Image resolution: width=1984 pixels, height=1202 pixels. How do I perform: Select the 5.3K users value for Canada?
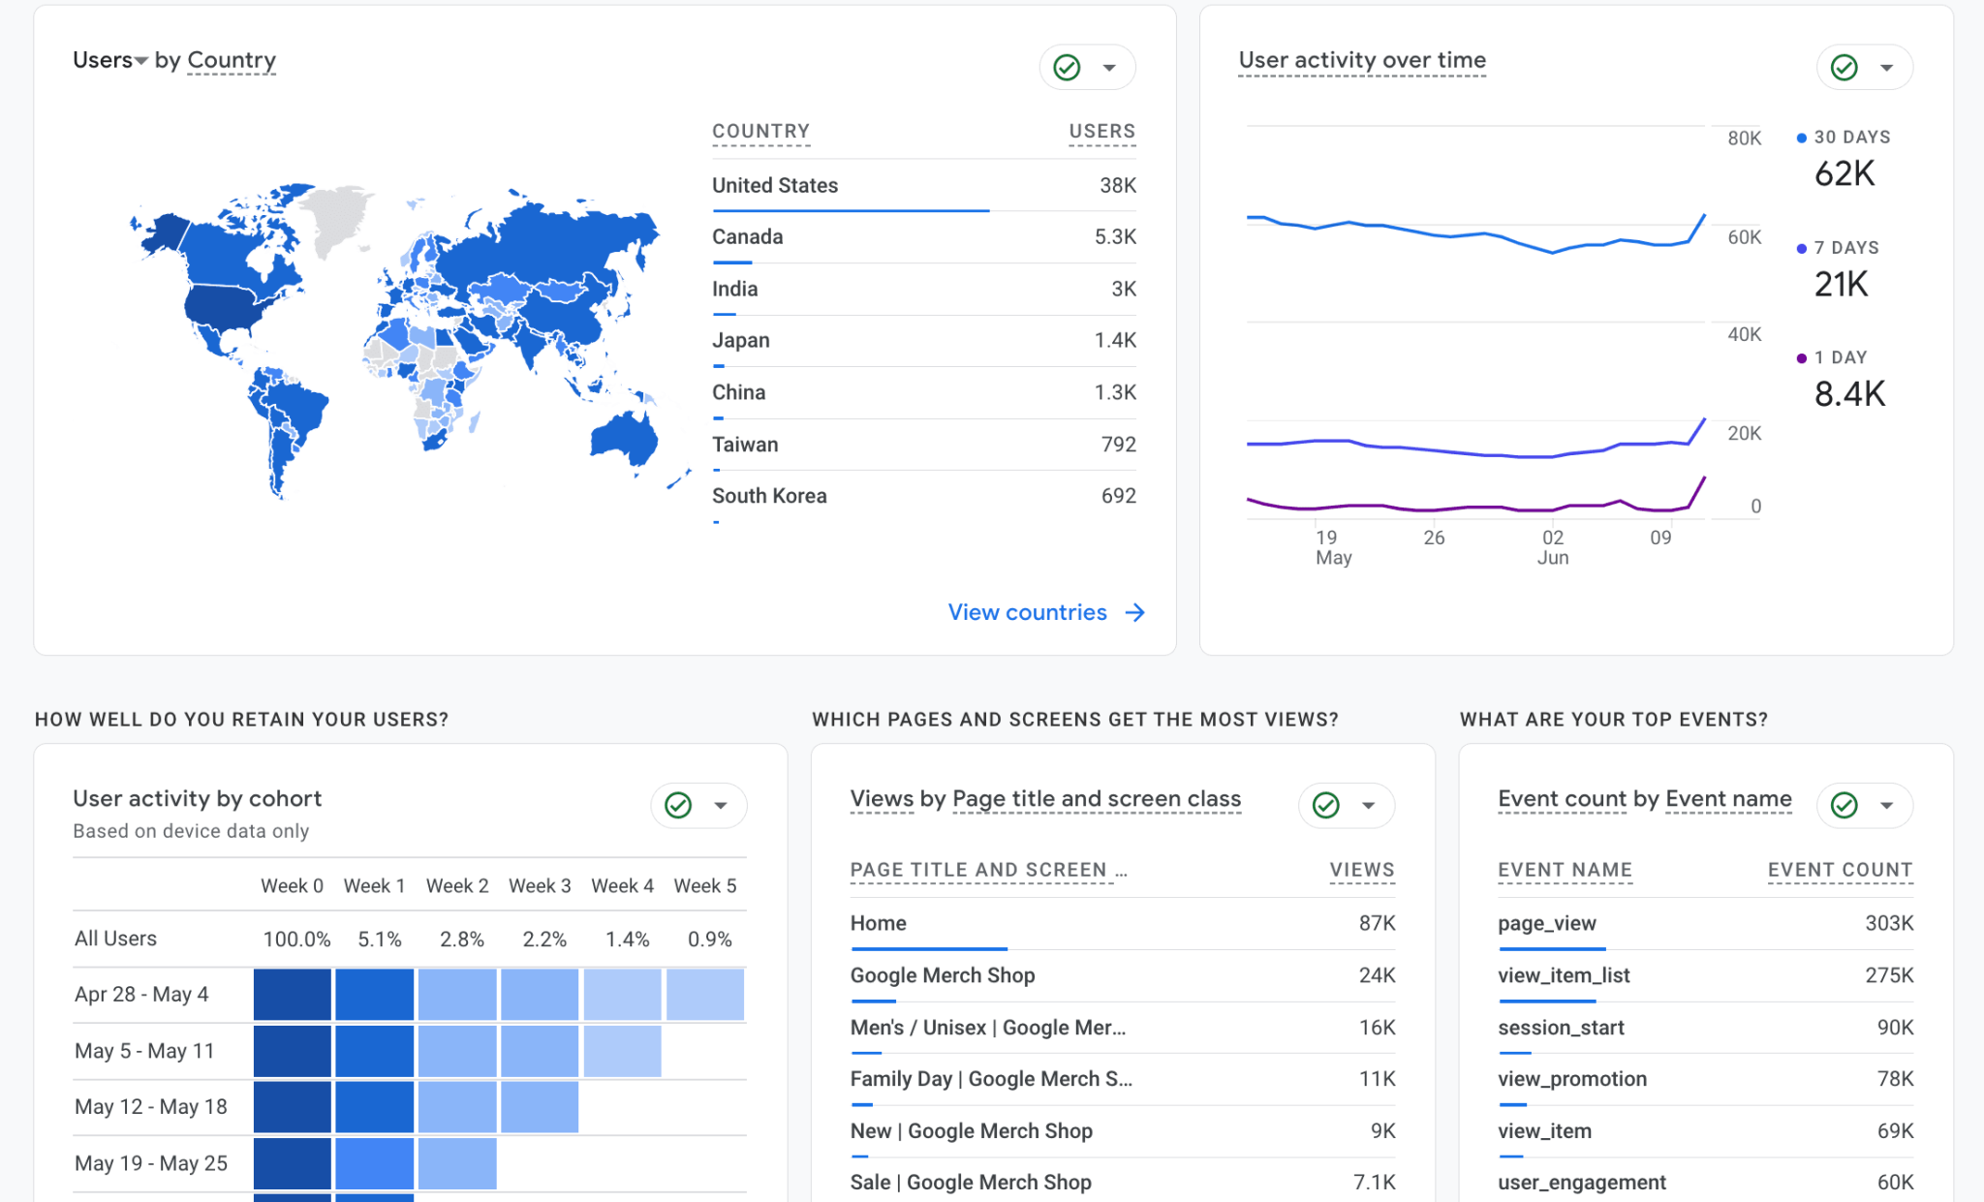click(x=1115, y=237)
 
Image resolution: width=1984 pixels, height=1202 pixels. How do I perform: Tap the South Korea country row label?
click(x=769, y=496)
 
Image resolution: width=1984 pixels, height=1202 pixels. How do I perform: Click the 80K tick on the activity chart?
click(x=1744, y=139)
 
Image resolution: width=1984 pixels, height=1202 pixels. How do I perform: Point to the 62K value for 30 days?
click(x=1844, y=174)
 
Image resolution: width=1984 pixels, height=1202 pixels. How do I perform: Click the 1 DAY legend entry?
click(x=1840, y=357)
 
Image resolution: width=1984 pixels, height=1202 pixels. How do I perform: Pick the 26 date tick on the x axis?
click(x=1434, y=538)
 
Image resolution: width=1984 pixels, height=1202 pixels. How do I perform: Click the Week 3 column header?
click(x=540, y=886)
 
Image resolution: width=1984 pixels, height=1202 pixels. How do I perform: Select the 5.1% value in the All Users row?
click(x=380, y=940)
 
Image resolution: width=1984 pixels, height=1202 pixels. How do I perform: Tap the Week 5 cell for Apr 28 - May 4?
click(x=705, y=995)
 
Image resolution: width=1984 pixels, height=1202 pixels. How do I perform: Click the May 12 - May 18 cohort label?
click(x=151, y=1107)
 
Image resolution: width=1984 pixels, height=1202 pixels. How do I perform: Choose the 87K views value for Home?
click(x=1377, y=924)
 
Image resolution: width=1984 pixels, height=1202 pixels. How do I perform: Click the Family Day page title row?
click(x=991, y=1079)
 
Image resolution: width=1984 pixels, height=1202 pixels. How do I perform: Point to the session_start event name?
click(x=1561, y=1028)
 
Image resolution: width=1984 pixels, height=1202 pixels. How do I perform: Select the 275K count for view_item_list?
click(x=1889, y=975)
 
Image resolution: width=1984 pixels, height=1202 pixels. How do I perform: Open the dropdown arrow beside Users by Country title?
click(x=141, y=61)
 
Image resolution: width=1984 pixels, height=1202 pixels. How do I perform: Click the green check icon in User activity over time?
click(x=1844, y=68)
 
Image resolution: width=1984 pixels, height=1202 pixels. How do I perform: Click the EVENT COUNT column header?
click(x=1840, y=870)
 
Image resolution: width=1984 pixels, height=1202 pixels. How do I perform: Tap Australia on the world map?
click(x=626, y=439)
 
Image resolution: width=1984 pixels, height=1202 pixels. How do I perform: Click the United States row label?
click(x=775, y=186)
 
